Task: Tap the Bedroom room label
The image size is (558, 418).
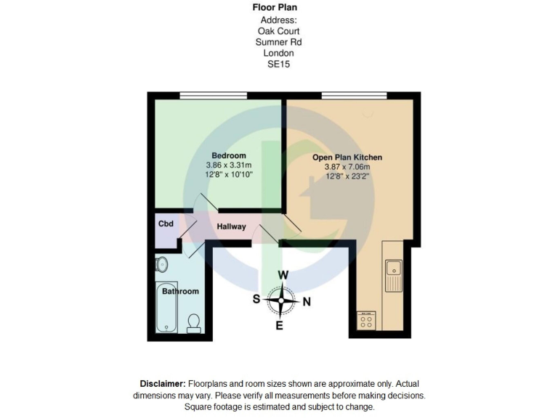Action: click(x=229, y=155)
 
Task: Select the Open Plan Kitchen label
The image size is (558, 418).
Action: click(x=347, y=157)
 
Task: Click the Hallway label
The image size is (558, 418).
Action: click(x=232, y=227)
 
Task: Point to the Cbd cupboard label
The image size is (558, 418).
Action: click(x=166, y=224)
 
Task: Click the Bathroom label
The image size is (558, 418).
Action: click(x=180, y=292)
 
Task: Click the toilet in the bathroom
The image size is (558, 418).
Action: click(x=194, y=321)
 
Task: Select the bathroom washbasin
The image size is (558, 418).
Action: click(x=162, y=265)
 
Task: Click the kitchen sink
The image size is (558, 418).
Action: click(x=394, y=274)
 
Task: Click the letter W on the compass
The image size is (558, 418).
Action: click(x=284, y=275)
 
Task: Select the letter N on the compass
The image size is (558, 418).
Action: click(x=307, y=302)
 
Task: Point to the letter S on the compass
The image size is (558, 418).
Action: click(x=256, y=299)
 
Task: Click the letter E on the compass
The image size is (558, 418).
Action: click(x=279, y=325)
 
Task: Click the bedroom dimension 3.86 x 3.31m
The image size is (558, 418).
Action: click(x=229, y=165)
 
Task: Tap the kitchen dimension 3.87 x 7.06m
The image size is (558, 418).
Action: click(x=347, y=167)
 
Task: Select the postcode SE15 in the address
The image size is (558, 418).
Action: click(x=278, y=64)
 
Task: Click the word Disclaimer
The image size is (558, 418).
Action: click(x=163, y=384)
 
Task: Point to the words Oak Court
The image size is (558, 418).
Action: click(x=278, y=31)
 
